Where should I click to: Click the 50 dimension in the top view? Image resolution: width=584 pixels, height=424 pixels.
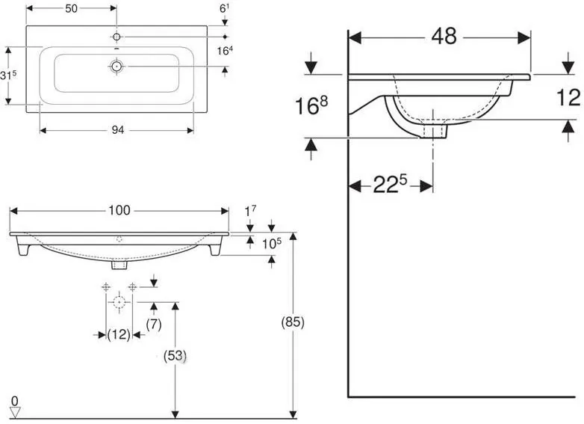(71, 8)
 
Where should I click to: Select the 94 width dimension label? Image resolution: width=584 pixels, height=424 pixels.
(118, 130)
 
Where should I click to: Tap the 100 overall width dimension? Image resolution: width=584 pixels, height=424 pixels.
(119, 210)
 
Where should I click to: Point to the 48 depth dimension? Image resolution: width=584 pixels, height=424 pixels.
(444, 37)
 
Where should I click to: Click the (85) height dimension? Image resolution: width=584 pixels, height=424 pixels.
(293, 322)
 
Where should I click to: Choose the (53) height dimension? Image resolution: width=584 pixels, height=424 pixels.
(175, 356)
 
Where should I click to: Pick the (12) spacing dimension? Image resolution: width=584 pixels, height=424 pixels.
(119, 334)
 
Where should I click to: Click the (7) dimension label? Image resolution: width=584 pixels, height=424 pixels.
(154, 325)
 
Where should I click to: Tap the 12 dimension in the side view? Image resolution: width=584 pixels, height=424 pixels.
(568, 98)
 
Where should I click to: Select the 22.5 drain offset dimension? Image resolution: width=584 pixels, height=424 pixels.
(390, 184)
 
